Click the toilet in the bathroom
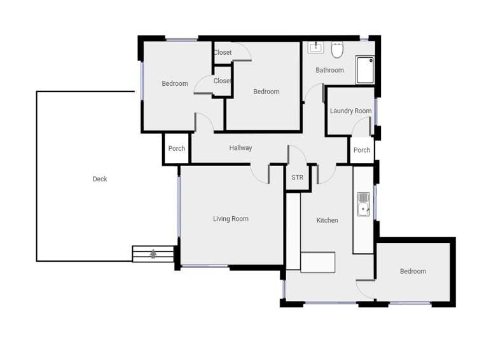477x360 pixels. (337, 49)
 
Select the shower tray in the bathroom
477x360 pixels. (365, 69)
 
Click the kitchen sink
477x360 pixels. (363, 204)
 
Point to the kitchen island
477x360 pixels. (317, 262)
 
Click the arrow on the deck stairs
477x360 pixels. (153, 254)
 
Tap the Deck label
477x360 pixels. (100, 179)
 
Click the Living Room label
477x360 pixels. (231, 219)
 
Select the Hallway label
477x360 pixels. (240, 148)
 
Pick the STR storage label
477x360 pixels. (297, 177)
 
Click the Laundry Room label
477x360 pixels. (350, 111)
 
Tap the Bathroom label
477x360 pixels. (329, 71)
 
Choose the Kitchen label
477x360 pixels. (328, 221)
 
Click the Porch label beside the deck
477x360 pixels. (177, 149)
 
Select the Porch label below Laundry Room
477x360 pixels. (362, 151)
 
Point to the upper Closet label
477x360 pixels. (223, 53)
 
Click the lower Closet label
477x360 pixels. (223, 81)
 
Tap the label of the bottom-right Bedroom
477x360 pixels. (413, 272)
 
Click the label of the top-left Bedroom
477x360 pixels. (175, 84)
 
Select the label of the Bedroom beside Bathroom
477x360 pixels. (266, 92)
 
